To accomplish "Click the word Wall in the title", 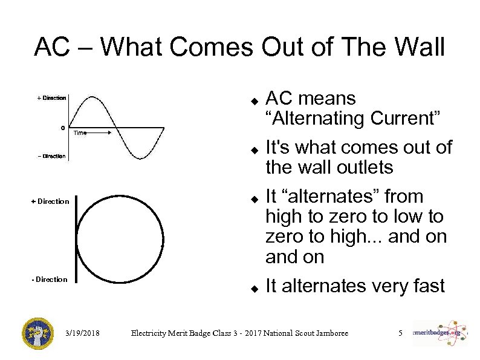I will (412, 47).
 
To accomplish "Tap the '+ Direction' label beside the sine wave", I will (51, 98).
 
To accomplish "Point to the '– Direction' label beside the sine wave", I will (51, 156).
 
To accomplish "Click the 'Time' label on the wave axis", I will (80, 133).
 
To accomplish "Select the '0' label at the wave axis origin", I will (63, 128).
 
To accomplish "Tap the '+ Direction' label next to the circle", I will (50, 201).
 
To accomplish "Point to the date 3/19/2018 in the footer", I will (83, 333).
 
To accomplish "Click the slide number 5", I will (400, 333).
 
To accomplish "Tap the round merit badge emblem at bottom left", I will (38, 332).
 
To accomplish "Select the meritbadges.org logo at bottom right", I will (438, 332).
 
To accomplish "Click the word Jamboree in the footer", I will (329, 333).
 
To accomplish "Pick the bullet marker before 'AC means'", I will (255, 99).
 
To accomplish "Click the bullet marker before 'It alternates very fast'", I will (255, 287).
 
